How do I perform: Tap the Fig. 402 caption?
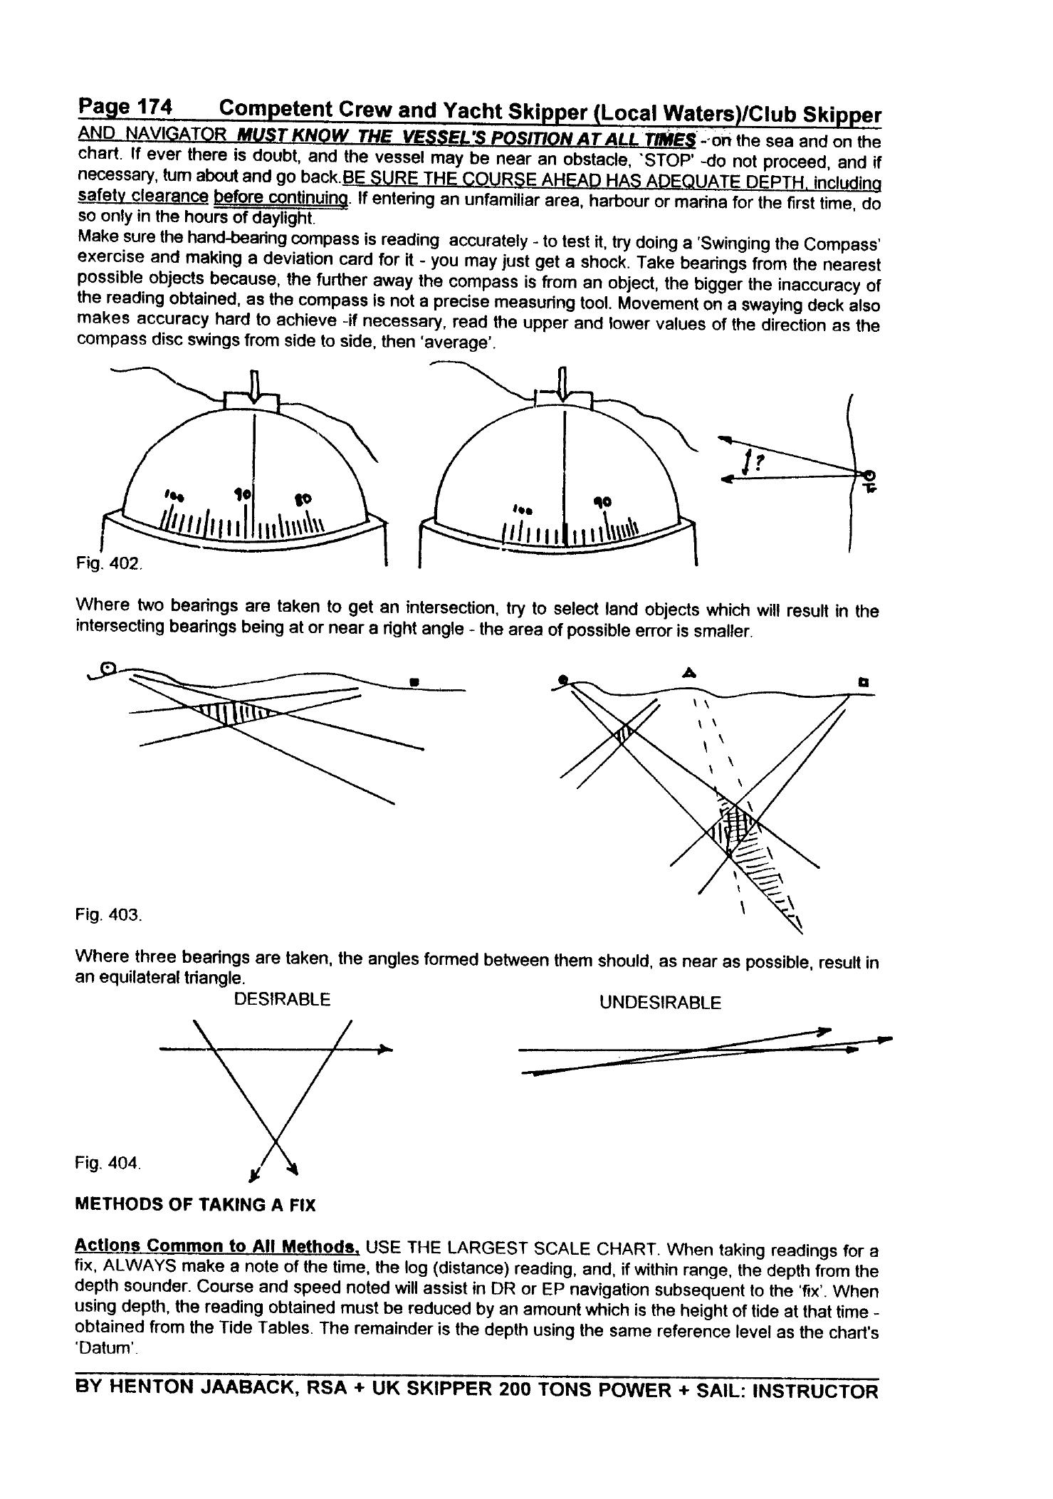tap(110, 563)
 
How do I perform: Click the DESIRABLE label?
tap(282, 1000)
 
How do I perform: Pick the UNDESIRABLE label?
tap(659, 1003)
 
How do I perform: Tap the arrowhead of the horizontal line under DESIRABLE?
tap(385, 1049)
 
